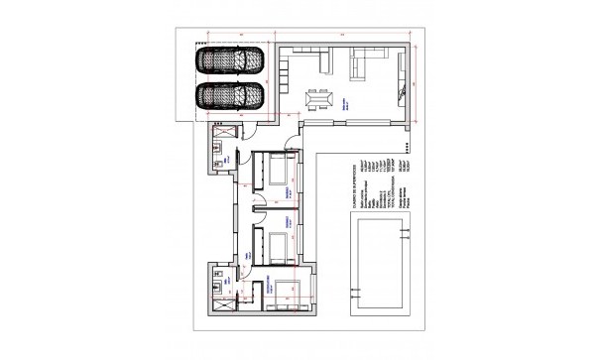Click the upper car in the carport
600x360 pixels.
click(229, 60)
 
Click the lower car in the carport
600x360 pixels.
click(229, 97)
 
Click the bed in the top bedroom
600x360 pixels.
click(274, 175)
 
